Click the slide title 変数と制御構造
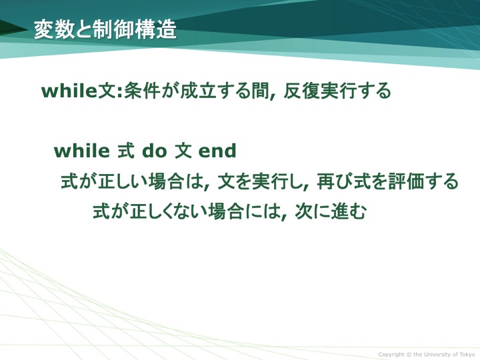105,30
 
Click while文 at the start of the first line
81,91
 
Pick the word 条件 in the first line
142,91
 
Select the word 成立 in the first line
198,91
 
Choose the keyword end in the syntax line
217,151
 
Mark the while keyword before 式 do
82,151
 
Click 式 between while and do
126,151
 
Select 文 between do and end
183,151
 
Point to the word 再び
335,181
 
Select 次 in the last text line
304,211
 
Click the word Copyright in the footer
391,355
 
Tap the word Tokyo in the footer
467,355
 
